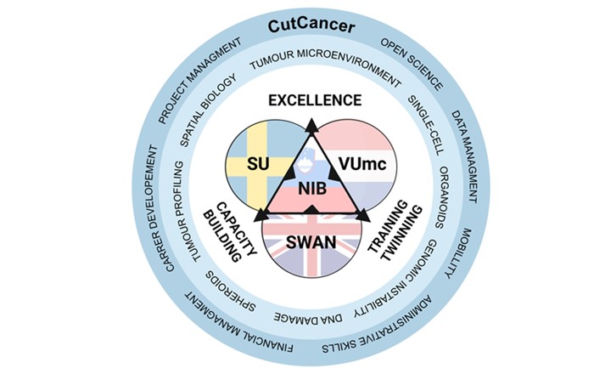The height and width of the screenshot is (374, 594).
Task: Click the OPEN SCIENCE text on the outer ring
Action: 412,65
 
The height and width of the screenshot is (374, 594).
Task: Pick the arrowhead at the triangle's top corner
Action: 311,126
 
